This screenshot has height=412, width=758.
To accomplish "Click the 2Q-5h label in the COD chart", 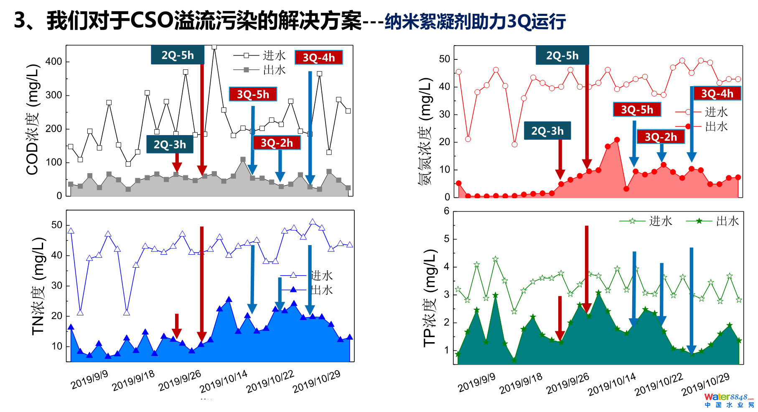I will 178,55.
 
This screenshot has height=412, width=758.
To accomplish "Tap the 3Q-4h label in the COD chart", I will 318,57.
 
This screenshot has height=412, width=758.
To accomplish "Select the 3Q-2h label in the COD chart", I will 277,143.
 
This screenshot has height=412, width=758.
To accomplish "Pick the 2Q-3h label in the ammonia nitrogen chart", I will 547,131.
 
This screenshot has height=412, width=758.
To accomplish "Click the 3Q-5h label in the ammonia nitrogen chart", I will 637,110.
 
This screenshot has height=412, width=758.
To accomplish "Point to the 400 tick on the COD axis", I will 53,62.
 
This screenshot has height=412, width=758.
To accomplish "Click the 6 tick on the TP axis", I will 447,211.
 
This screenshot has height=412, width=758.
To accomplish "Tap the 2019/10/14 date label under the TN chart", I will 224,381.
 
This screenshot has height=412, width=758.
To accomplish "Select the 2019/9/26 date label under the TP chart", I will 567,383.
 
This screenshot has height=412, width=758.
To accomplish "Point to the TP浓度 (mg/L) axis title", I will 430,298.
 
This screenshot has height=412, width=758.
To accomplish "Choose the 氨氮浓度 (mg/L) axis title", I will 425,131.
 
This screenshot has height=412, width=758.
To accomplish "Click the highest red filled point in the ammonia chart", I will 617,140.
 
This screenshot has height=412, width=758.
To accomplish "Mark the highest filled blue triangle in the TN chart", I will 229,299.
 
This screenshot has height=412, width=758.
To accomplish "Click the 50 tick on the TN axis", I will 57,225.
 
